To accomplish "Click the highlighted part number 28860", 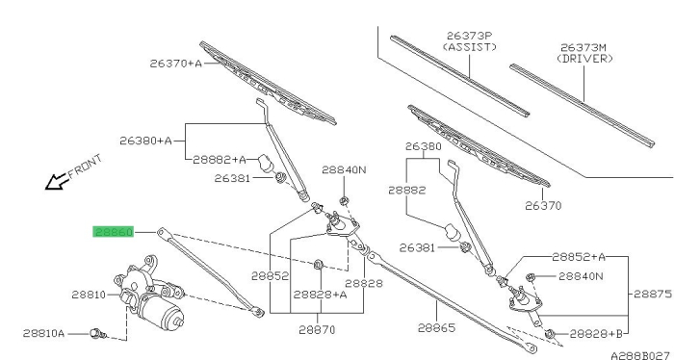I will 113,232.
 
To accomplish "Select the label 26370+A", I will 175,64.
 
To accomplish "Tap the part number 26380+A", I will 145,141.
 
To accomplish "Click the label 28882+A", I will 219,159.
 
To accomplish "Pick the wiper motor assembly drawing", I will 150,289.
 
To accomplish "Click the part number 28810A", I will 44,333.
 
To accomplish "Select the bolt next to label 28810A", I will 96,333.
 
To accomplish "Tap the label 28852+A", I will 579,257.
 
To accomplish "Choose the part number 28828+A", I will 320,295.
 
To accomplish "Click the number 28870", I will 316,328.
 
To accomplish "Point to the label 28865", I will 436,328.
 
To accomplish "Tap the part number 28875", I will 652,295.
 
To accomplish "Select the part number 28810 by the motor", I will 88,295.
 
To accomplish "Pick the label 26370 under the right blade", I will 543,205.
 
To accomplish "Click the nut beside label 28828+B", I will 550,333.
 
